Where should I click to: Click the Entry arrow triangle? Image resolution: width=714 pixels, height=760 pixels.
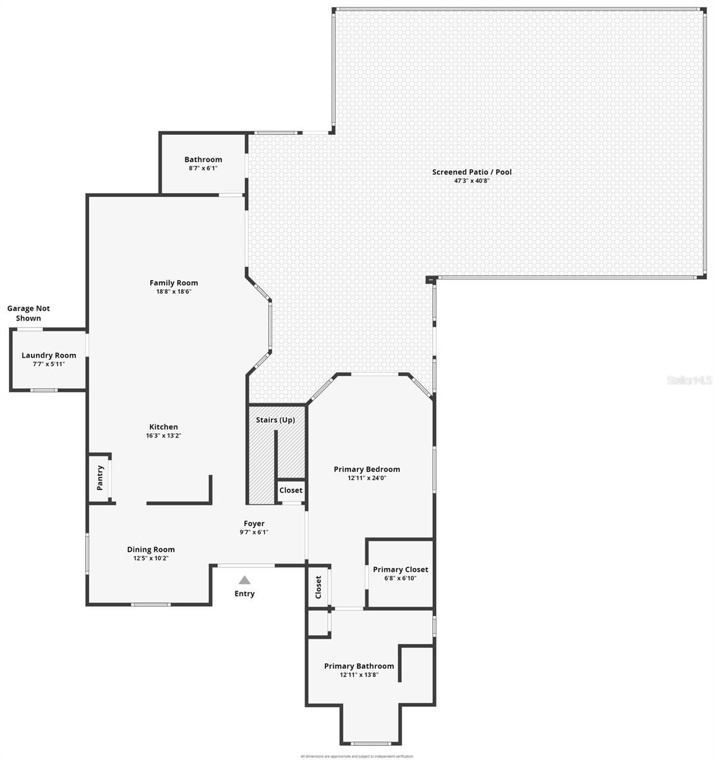[244, 579]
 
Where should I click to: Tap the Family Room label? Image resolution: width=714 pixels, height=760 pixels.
[173, 283]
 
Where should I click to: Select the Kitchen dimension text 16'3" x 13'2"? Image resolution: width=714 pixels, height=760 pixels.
[163, 436]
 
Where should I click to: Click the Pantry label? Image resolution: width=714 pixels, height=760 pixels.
[99, 479]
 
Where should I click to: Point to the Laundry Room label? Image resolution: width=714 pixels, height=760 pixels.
[49, 355]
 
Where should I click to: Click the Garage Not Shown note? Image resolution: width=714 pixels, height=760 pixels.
[28, 313]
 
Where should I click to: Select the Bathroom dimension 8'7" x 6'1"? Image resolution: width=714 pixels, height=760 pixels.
[203, 168]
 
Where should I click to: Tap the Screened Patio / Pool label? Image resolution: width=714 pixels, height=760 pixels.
[472, 172]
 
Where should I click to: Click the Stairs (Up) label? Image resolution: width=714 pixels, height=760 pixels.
[275, 420]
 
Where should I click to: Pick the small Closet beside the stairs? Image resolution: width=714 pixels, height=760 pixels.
[291, 490]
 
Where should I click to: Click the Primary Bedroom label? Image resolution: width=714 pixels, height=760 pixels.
[366, 469]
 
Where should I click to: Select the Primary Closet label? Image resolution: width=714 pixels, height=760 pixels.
[400, 569]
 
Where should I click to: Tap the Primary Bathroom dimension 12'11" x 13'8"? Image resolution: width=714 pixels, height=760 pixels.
[359, 675]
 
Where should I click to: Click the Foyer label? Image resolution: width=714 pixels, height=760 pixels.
[254, 523]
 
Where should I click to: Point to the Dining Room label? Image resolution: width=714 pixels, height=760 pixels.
[151, 549]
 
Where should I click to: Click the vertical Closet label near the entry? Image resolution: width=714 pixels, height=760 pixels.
[318, 587]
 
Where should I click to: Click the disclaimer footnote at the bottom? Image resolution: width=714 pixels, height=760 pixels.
[356, 756]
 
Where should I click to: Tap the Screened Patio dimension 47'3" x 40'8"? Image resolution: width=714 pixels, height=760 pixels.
[472, 180]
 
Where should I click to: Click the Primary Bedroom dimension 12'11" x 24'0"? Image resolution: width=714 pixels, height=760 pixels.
[366, 478]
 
